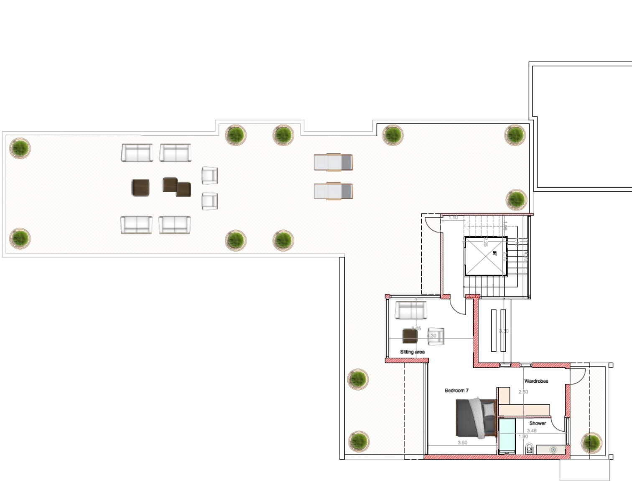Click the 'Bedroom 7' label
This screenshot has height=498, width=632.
pos(456,391)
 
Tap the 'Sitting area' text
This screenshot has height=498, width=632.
pos(412,352)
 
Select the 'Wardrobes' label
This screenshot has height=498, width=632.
pos(536,381)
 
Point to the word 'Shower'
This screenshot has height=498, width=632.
pos(538,423)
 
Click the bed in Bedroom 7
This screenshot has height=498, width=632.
pos(476,418)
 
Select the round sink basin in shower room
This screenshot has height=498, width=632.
pos(553,450)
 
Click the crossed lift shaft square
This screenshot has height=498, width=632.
pos(485,256)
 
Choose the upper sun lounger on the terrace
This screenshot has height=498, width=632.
pos(333,162)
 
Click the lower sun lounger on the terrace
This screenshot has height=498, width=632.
pos(333,191)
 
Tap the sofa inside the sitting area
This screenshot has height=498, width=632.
pos(411,310)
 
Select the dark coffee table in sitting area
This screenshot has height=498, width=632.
pos(410,336)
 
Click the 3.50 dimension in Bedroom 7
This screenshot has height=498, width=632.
pos(462,443)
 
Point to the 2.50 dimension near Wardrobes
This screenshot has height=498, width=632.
pos(523,392)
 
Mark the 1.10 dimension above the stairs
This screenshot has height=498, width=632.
pos(453,218)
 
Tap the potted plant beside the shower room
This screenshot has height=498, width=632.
pos(591,442)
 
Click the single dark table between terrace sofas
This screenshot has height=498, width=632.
pos(140,188)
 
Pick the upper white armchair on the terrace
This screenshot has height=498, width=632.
pos(209,175)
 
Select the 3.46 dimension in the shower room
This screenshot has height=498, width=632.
pos(532,431)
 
